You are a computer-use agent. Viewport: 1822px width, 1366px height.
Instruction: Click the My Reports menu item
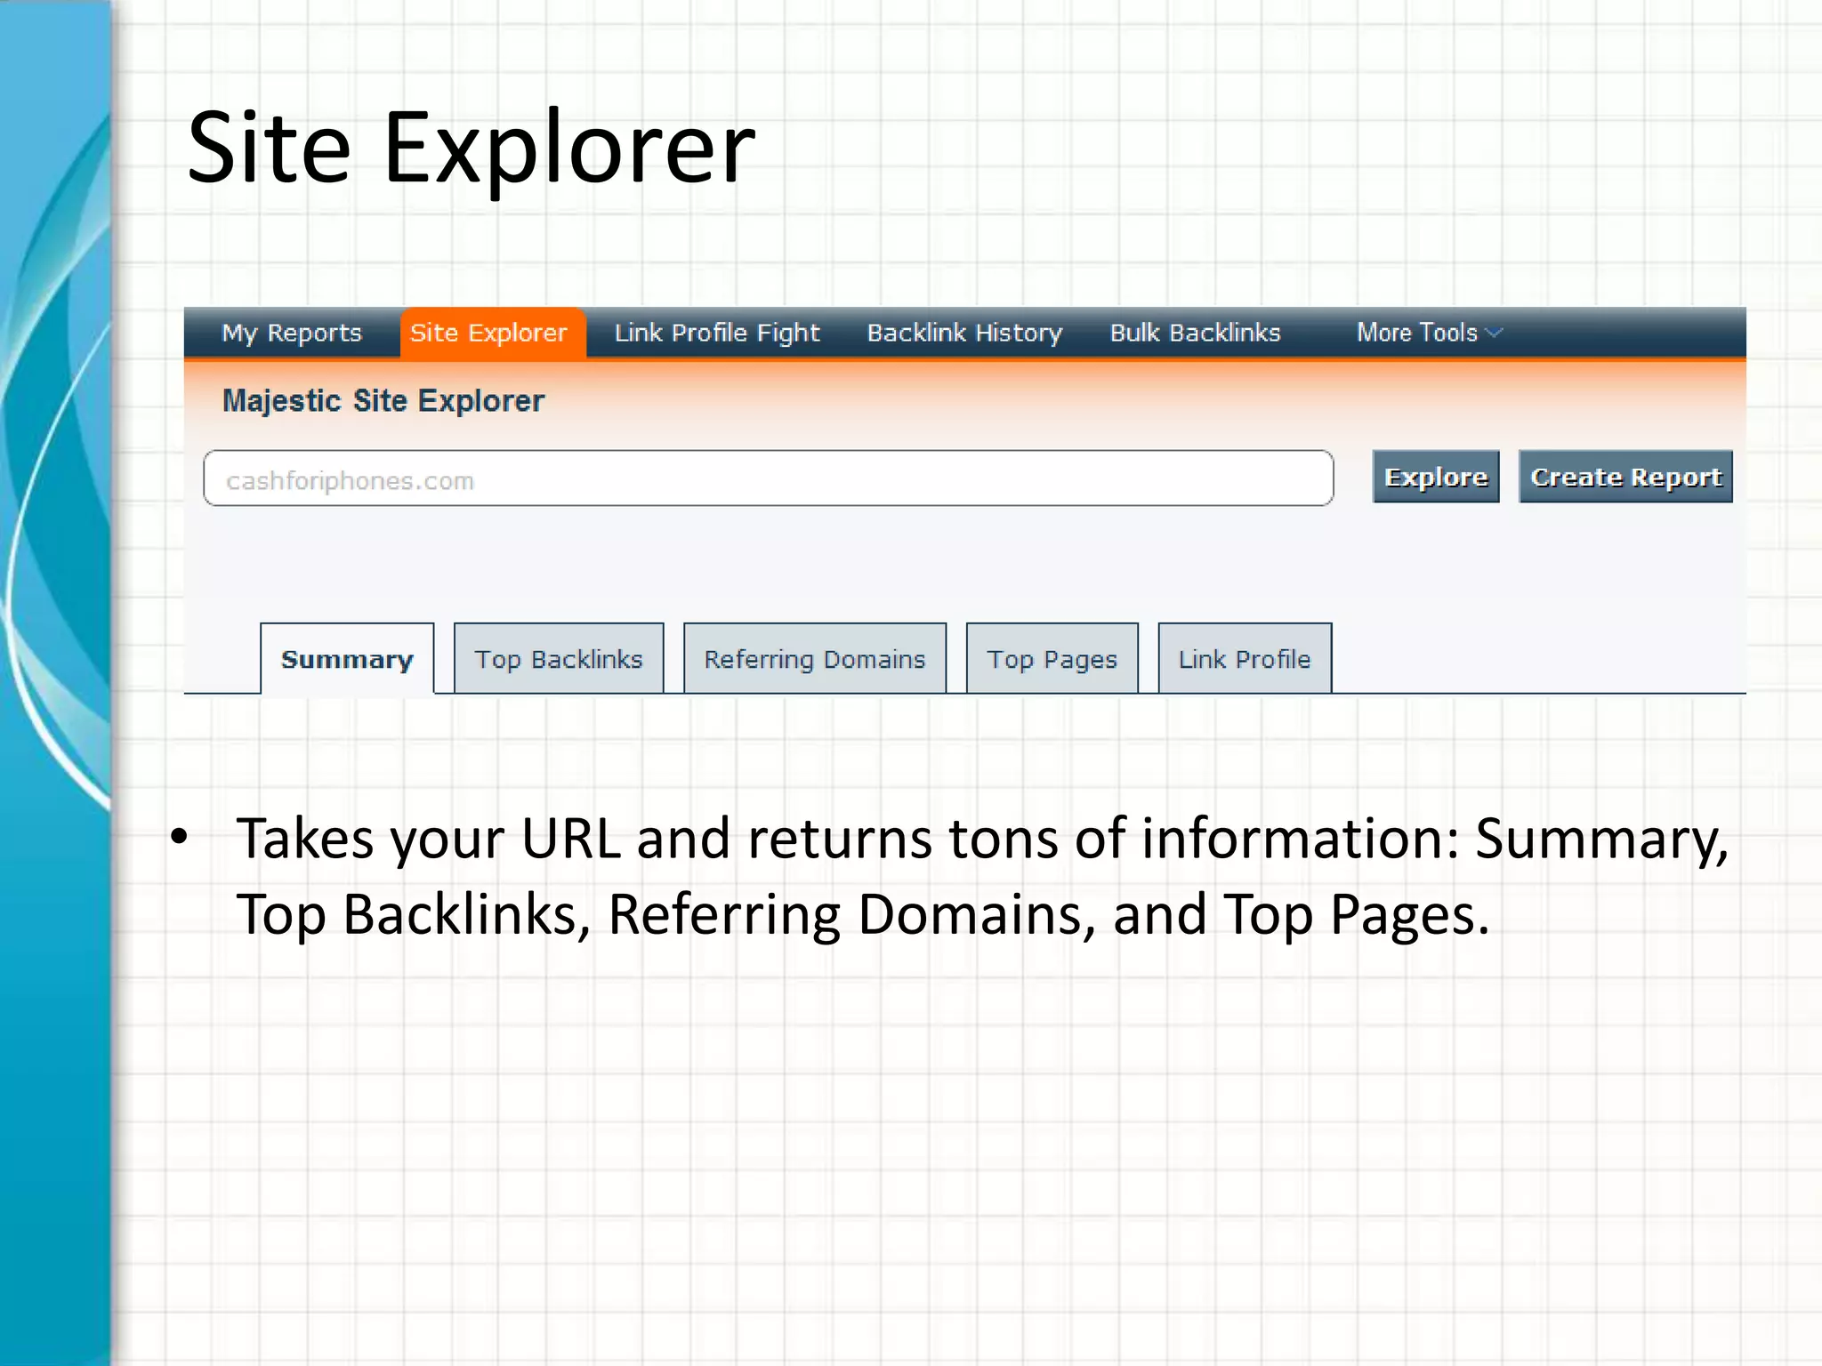(291, 333)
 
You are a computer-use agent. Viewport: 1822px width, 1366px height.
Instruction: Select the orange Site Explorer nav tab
(488, 333)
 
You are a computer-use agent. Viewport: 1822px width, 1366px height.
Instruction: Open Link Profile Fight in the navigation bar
(716, 333)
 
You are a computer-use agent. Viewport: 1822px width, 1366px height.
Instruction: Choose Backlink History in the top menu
(964, 333)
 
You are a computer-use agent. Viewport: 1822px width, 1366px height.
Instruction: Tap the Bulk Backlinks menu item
(1195, 333)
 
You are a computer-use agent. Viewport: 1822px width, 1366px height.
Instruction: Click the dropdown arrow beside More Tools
(1495, 333)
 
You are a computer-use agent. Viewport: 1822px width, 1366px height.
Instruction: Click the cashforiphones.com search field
(768, 479)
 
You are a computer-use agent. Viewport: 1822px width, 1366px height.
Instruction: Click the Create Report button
(1624, 478)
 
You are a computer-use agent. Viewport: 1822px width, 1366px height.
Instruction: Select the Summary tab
(347, 659)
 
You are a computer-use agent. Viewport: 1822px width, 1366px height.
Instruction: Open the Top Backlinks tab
(558, 659)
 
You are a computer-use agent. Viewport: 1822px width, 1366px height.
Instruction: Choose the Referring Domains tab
(814, 659)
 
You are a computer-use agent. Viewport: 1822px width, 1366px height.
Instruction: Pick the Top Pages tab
(1052, 659)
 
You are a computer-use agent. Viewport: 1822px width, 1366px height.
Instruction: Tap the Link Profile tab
(1244, 659)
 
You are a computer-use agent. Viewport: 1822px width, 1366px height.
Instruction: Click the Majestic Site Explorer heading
(383, 401)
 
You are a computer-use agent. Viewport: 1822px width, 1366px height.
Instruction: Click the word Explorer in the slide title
(568, 149)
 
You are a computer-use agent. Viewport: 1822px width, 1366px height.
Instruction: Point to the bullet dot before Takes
(180, 837)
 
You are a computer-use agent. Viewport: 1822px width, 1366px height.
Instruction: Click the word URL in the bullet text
(570, 839)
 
